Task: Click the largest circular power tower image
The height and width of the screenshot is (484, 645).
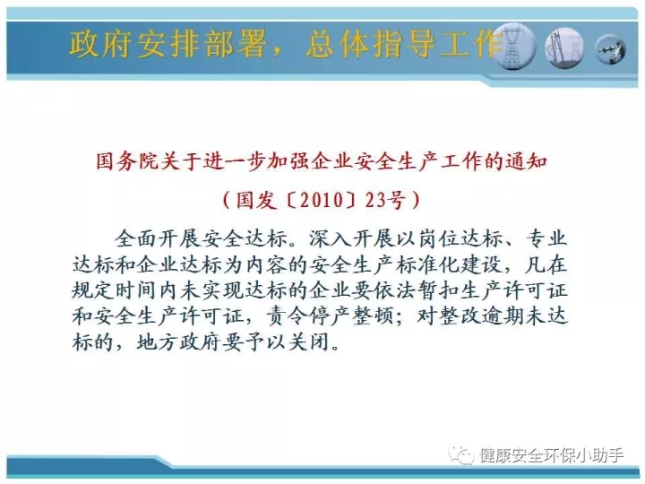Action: tap(514, 47)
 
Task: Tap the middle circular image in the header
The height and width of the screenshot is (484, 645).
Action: tap(564, 48)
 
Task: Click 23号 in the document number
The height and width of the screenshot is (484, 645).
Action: tap(385, 200)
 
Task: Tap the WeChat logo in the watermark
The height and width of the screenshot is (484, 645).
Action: tap(461, 455)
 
